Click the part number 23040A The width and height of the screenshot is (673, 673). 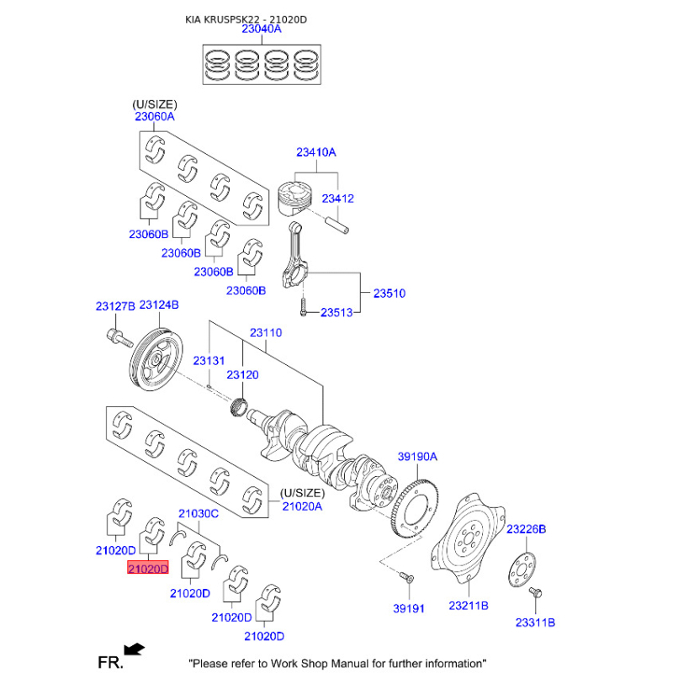pos(261,29)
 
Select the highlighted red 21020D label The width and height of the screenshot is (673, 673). pos(147,570)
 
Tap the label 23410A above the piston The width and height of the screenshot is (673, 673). pos(315,152)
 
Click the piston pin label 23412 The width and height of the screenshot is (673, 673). pos(339,199)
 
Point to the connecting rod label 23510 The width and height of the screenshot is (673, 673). pos(389,294)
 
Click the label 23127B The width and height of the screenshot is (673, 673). pos(114,305)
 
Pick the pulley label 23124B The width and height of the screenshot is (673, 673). pos(159,305)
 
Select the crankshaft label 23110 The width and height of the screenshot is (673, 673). pos(265,332)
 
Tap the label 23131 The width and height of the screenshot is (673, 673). pos(209,360)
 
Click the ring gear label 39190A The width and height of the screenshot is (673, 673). pos(418,457)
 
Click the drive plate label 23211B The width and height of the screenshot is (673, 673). pos(469,606)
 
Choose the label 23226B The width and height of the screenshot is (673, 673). pos(526,529)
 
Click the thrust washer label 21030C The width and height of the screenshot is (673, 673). pos(199,513)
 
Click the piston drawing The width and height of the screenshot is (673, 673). pos(295,202)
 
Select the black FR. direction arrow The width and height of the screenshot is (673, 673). pos(133,649)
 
